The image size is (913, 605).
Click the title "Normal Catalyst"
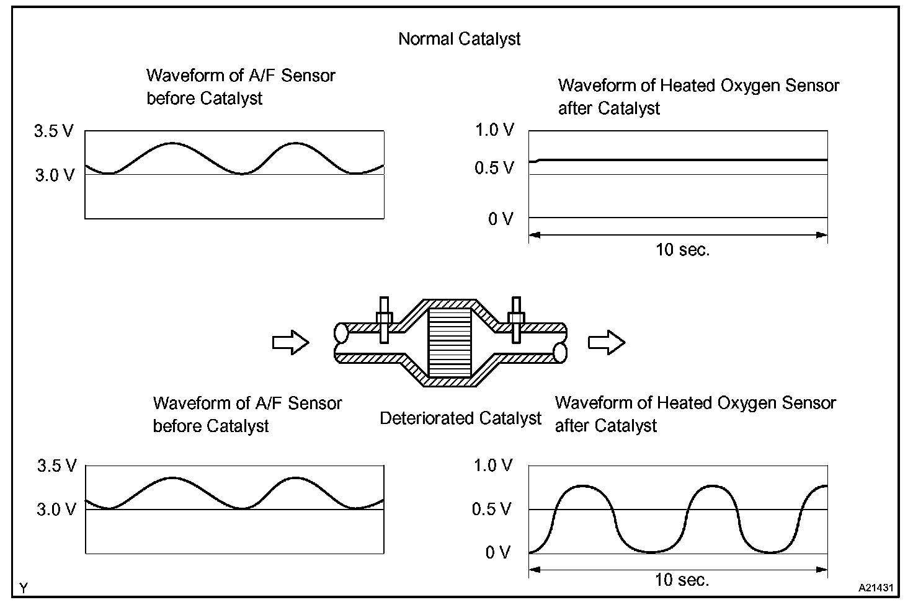pos(459,39)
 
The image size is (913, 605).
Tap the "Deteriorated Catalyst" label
pos(460,418)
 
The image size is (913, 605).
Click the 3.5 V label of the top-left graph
pos(54,131)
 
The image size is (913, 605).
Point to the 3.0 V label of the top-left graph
pos(55,175)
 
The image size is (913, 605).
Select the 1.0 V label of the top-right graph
pos(494,130)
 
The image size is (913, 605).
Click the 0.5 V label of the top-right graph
pos(494,168)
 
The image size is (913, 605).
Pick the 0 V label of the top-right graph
pos(501,219)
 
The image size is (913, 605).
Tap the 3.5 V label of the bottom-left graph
pos(56,466)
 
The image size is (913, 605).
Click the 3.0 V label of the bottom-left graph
pos(56,510)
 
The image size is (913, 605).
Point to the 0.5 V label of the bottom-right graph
pos(492,510)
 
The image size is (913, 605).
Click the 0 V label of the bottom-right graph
pos(498,552)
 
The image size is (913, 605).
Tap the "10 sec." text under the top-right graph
pos(682,250)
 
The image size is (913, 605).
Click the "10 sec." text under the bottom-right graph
pos(682,580)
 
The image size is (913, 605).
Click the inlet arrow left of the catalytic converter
pos(290,342)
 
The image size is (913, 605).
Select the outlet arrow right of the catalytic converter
pos(607,342)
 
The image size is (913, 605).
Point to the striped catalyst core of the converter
pos(450,343)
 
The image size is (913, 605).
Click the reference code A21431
pos(875,586)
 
